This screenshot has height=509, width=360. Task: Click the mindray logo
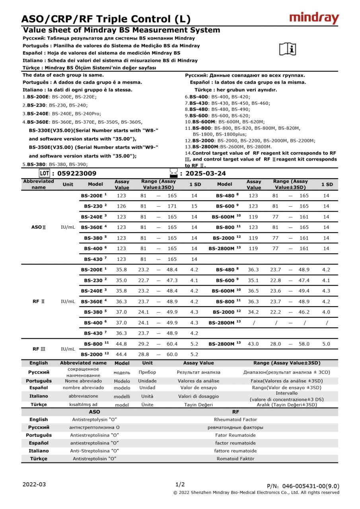pos(314,18)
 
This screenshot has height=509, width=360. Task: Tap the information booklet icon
pos(287,49)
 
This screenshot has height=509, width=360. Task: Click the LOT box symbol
pos(44,173)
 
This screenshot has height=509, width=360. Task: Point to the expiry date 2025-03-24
pos(206,173)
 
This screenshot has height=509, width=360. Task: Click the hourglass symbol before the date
pos(173,173)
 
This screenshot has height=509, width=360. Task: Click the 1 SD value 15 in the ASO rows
pos(194,206)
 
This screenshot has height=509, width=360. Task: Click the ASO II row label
pos(39,227)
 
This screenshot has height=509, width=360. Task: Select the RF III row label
pos(39,349)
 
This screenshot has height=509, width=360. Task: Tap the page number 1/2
pos(180,484)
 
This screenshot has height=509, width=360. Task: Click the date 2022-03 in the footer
pos(34,484)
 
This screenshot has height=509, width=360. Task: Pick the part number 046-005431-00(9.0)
pos(311,486)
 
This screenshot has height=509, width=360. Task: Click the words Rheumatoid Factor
pos(235,420)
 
